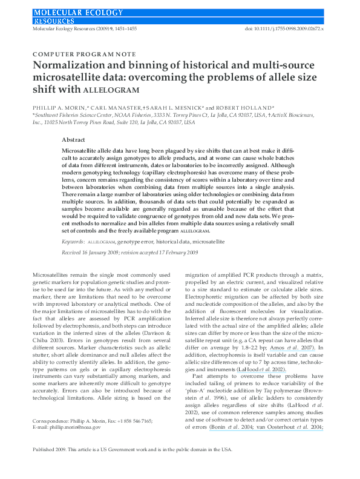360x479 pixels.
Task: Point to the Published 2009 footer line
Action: pyautogui.click(x=132, y=466)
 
